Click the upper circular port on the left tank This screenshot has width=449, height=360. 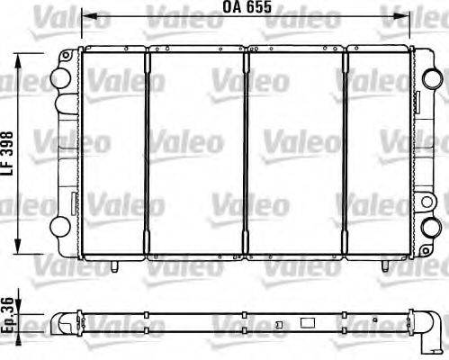coord(60,78)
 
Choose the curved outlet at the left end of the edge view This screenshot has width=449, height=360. coord(62,321)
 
